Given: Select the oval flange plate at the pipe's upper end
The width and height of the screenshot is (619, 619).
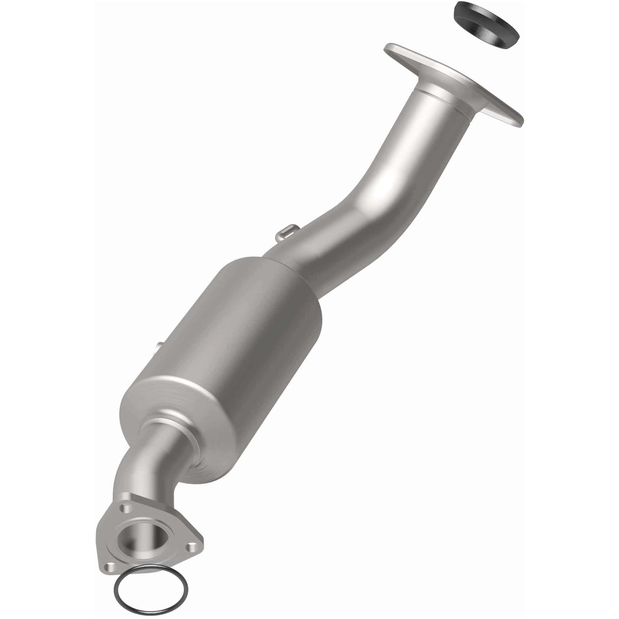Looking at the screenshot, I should tap(454, 81).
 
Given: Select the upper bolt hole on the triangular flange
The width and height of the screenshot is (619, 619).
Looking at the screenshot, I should tap(125, 508).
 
